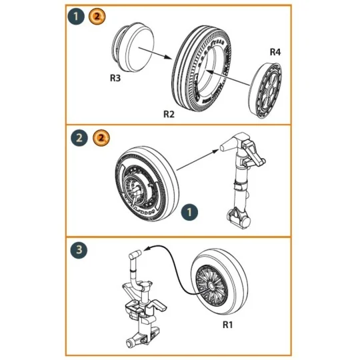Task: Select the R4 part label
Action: pos(275,51)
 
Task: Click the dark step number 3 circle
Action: pos(79,251)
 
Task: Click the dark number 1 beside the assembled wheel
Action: pos(190,212)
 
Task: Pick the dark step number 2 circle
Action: pos(79,139)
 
